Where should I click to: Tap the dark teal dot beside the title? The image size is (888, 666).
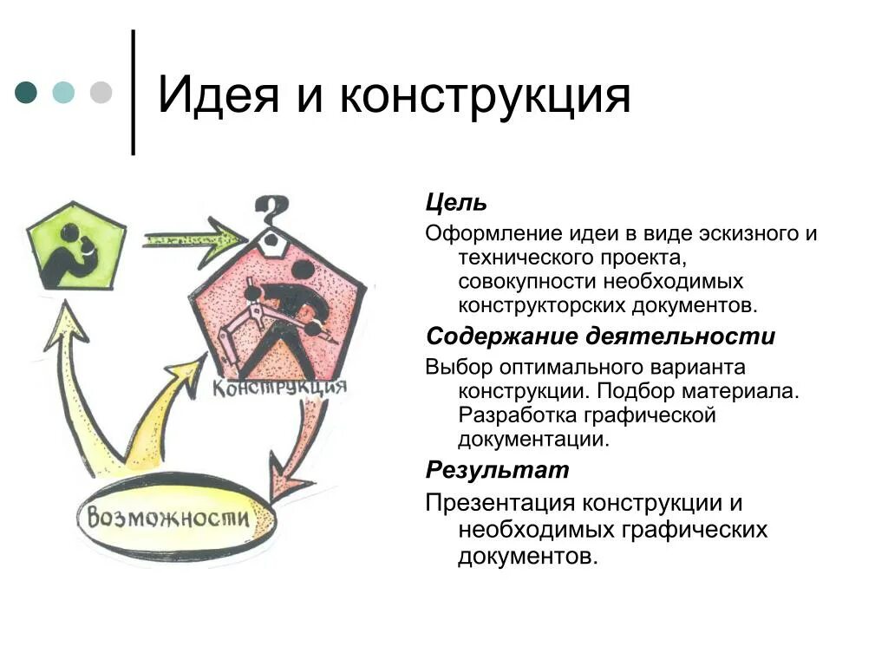(27, 93)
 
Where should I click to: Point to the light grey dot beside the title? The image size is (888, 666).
(102, 93)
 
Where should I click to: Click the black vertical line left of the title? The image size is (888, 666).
(134, 93)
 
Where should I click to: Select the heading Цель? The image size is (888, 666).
(456, 203)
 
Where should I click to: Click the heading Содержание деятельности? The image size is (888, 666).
(600, 336)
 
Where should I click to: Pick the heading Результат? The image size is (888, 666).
(497, 471)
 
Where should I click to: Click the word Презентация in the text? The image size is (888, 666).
(499, 503)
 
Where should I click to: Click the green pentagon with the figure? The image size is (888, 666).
(75, 245)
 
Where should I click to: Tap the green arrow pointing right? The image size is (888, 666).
(195, 240)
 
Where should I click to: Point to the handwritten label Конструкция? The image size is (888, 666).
(279, 385)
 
